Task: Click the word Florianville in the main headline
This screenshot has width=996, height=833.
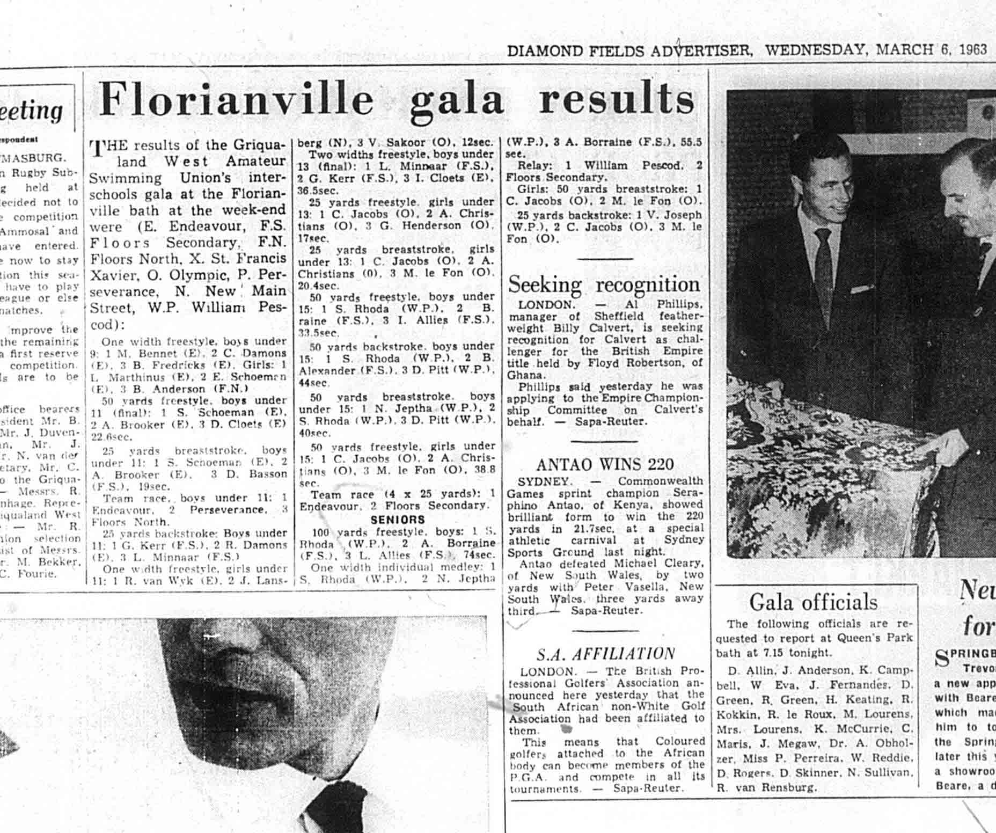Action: coord(237,100)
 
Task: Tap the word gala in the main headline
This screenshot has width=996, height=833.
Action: coord(457,100)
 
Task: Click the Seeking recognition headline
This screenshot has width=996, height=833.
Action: coord(604,284)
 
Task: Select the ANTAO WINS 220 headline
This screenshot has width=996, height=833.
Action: coord(605,464)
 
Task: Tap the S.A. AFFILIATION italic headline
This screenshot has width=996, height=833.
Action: coord(606,654)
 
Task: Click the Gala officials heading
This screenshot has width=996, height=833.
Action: coord(813,602)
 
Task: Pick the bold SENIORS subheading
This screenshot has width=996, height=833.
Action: coord(397,520)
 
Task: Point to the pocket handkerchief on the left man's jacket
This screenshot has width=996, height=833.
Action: coord(862,289)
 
